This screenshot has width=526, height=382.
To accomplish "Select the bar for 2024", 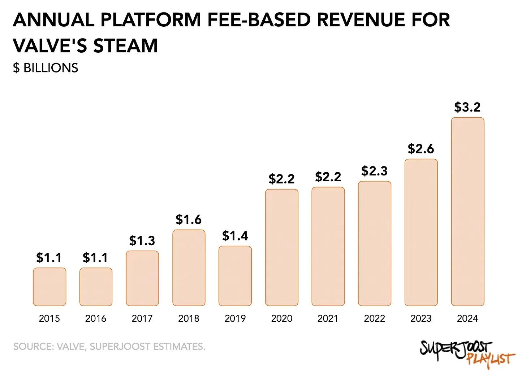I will click(x=467, y=212).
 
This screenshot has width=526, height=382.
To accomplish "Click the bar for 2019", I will click(x=235, y=276).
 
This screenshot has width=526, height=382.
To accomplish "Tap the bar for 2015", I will click(x=49, y=287).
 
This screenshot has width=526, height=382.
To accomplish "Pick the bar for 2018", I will click(x=189, y=268).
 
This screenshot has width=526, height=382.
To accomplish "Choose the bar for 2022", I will click(x=375, y=243).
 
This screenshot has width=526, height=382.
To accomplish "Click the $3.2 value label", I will click(x=467, y=107).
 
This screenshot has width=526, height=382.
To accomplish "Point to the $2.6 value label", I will click(x=421, y=149).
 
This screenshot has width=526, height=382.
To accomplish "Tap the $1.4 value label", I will click(x=235, y=236).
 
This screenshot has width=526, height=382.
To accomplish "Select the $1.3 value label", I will click(x=142, y=240).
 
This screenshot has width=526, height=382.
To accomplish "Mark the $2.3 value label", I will click(x=374, y=171).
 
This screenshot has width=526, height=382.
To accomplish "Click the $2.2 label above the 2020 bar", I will click(x=281, y=179).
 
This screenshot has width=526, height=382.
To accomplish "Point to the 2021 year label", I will click(x=328, y=318).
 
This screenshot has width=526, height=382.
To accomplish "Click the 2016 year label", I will click(x=96, y=318).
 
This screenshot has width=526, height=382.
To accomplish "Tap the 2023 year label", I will click(x=421, y=318).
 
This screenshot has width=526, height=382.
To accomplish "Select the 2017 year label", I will click(x=142, y=318).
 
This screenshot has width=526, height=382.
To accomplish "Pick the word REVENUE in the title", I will click(x=365, y=19).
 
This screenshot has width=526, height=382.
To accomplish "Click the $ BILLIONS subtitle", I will click(x=46, y=68).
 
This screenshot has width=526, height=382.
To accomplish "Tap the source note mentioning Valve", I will click(x=109, y=347).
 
